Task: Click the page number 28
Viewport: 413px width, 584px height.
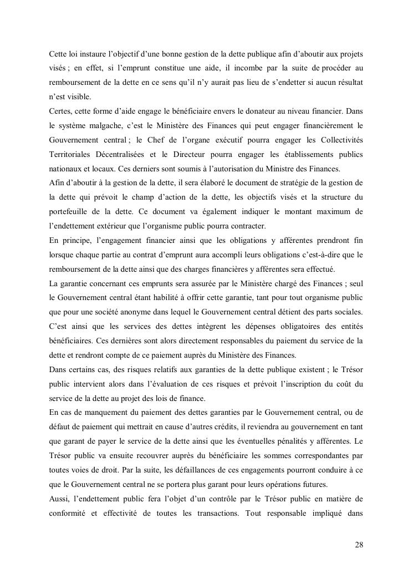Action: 359,544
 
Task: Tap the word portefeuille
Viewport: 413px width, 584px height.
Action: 73,211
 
